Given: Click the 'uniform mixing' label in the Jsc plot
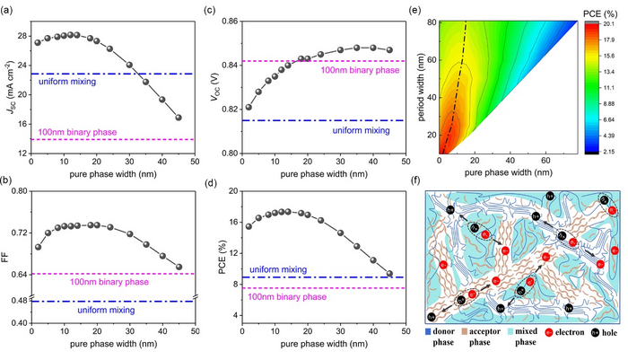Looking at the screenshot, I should click(x=73, y=82).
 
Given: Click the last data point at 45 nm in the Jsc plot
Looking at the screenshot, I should click(x=178, y=118).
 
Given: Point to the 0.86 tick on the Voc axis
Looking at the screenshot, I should click(x=237, y=21).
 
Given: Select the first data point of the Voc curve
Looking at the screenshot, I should click(x=249, y=107).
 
